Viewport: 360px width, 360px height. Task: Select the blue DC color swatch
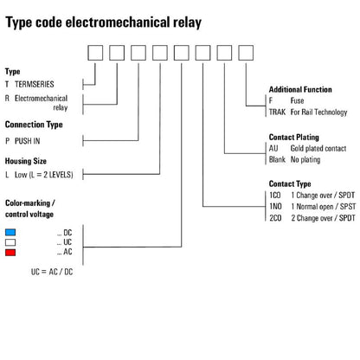click(11, 232)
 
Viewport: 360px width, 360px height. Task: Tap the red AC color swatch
click(11, 251)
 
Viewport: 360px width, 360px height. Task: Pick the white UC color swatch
click(11, 241)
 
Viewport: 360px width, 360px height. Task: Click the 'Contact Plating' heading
click(294, 137)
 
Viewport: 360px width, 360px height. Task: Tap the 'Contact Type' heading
click(290, 184)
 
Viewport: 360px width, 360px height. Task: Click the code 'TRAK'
click(279, 112)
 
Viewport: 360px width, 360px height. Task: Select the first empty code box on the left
click(96, 55)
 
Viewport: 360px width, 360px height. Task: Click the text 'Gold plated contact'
click(321, 149)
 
